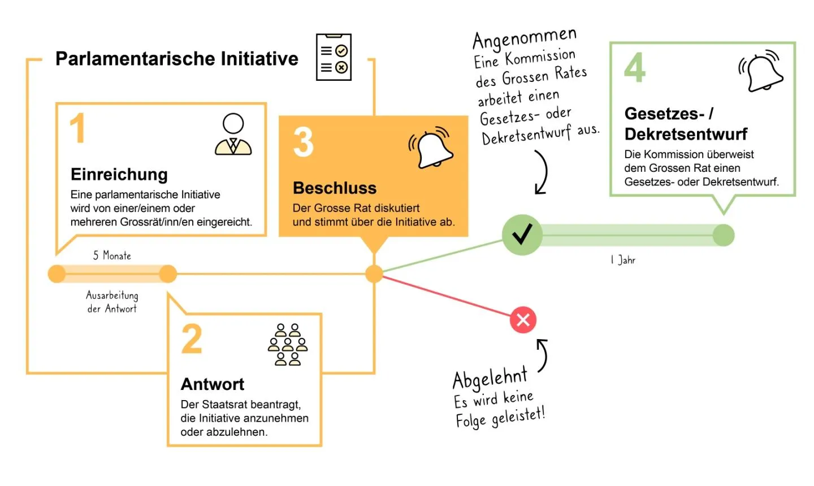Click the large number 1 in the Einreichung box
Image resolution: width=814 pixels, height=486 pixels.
(77, 128)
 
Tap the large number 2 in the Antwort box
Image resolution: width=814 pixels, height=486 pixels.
(192, 339)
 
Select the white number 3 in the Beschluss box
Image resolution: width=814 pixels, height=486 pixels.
(304, 142)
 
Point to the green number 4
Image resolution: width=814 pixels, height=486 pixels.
(635, 67)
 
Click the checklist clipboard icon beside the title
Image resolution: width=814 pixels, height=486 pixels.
(334, 58)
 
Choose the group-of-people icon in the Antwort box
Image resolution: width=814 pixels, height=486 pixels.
(288, 345)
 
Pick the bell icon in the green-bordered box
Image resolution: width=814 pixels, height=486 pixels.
(762, 71)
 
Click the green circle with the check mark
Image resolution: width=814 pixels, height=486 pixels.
(522, 235)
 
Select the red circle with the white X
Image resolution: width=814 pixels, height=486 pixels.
(523, 320)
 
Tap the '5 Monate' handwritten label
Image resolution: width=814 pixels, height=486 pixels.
(112, 255)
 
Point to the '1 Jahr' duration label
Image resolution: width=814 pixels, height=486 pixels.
(623, 260)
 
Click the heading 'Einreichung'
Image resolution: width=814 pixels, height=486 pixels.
(119, 174)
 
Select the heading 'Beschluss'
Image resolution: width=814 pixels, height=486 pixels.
(335, 188)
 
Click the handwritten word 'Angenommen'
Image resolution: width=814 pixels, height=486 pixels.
(524, 38)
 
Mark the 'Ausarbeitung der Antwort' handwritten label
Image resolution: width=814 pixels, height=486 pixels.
(112, 302)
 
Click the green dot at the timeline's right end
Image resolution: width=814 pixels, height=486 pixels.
(723, 235)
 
